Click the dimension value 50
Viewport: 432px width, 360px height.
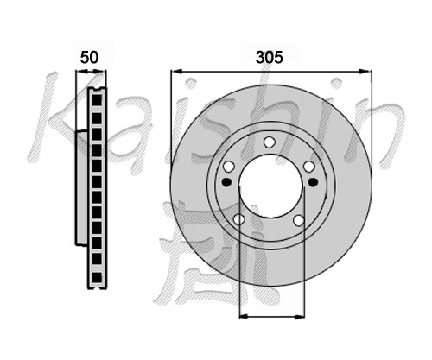click(x=89, y=57)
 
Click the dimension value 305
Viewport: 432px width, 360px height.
click(x=270, y=57)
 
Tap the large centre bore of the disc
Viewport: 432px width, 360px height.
click(x=270, y=186)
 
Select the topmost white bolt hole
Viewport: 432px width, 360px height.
click(x=270, y=142)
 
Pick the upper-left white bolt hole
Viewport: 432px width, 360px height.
click(x=229, y=167)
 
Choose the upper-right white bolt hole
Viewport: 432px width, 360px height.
click(x=309, y=167)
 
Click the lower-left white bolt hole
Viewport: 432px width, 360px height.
click(x=239, y=219)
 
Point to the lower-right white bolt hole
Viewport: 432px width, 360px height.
click(x=299, y=220)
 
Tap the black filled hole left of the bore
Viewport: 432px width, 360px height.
click(x=227, y=182)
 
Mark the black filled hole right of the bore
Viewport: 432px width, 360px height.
click(x=313, y=182)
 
